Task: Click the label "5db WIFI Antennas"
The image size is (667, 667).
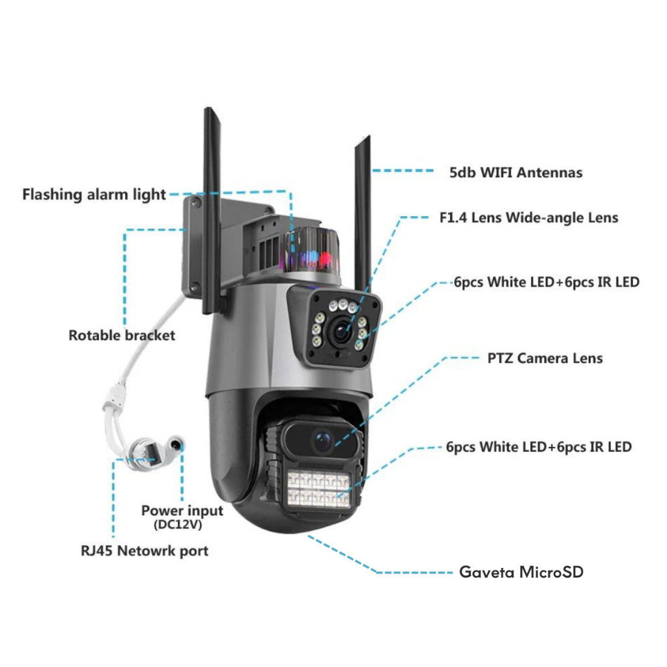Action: tap(516, 172)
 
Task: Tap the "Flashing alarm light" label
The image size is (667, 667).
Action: tap(94, 194)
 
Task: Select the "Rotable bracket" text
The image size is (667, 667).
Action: tap(122, 335)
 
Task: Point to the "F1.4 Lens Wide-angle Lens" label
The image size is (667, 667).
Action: tap(529, 218)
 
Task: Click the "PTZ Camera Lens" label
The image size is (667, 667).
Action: tap(545, 358)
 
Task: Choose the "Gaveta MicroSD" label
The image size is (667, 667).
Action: tap(521, 572)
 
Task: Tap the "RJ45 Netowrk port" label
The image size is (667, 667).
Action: tap(145, 551)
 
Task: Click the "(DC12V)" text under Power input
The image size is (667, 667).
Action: tap(178, 524)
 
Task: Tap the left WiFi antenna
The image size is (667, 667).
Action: tap(212, 210)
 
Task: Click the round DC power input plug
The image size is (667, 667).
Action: tap(175, 445)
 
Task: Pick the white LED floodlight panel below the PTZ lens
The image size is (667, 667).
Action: tap(319, 489)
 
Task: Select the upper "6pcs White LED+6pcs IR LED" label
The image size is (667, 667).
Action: tap(546, 282)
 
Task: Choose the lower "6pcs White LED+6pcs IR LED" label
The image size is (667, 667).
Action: tap(539, 447)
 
